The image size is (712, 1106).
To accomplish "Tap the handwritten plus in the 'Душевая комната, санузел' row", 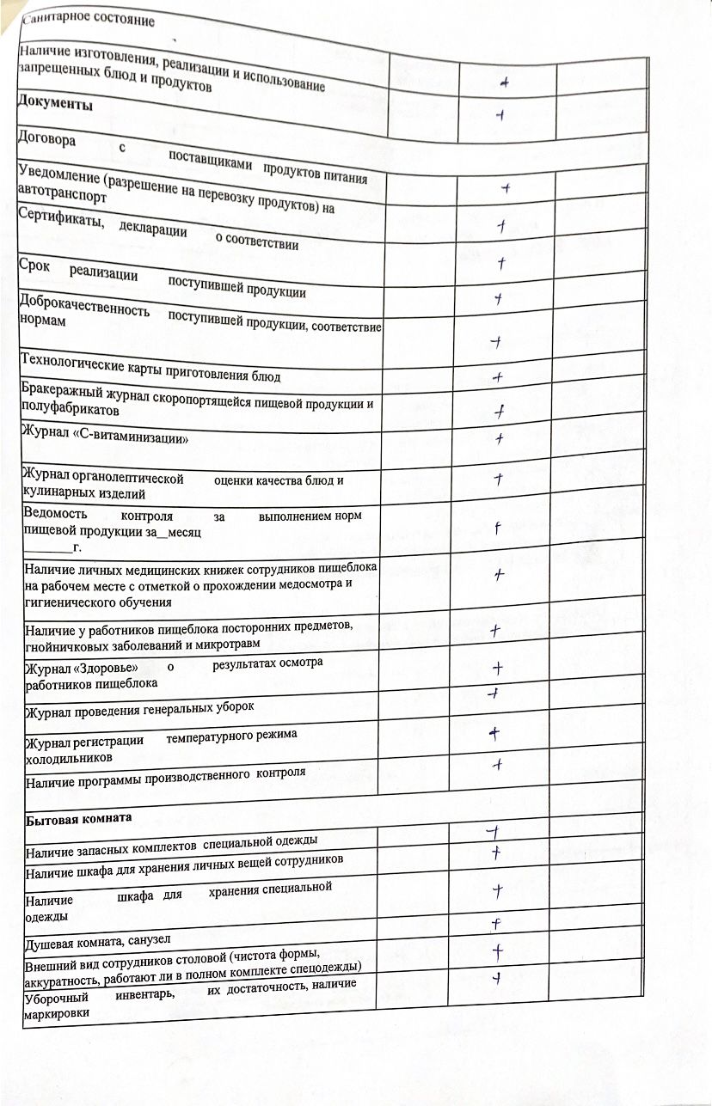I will point(496,925).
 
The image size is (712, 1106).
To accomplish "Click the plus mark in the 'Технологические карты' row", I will point(497,376).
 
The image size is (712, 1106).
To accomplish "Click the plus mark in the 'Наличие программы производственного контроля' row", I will point(497,763).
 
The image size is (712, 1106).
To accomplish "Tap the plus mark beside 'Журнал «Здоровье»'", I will point(497,668).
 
